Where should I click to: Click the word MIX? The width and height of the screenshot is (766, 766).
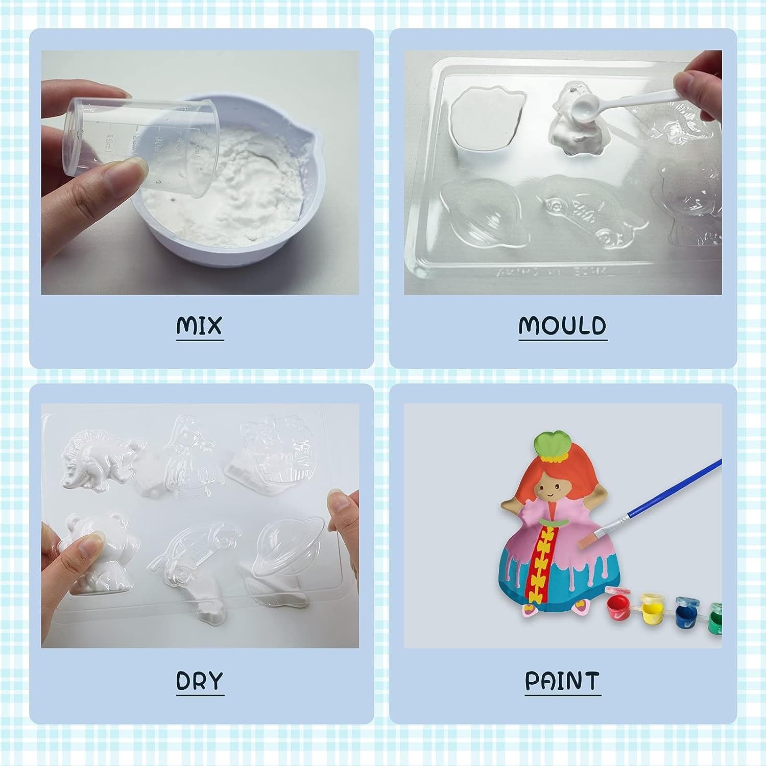(x=200, y=325)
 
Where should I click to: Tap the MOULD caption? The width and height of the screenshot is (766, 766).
(x=562, y=325)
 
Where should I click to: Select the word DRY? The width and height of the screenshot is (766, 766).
(x=200, y=680)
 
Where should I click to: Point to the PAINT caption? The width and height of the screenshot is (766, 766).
(x=562, y=680)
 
